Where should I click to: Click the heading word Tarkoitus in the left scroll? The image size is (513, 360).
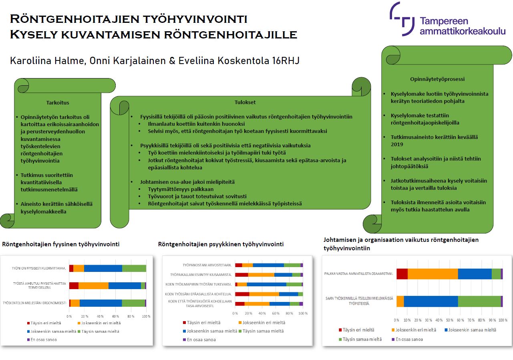[58, 103]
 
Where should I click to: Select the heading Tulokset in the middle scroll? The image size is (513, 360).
[245, 102]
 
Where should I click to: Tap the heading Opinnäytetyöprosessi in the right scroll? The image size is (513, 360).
[437, 79]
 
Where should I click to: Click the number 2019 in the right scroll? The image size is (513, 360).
[397, 144]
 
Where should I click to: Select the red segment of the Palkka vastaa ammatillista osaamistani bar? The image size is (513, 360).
[402, 274]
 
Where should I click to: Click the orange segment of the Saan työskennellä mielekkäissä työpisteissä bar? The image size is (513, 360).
[400, 302]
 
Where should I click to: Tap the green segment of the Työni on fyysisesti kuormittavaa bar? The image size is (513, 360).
[134, 268]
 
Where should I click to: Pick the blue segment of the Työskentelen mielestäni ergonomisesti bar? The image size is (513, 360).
[101, 303]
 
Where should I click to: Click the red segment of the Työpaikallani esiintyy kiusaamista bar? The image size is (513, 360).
[241, 275]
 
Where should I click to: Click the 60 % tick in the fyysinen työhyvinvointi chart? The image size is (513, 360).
[115, 316]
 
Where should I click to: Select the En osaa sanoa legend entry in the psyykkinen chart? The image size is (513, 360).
[199, 340]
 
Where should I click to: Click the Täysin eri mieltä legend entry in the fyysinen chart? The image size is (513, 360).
[44, 323]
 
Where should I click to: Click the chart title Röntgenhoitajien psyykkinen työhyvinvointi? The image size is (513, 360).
[221, 244]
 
